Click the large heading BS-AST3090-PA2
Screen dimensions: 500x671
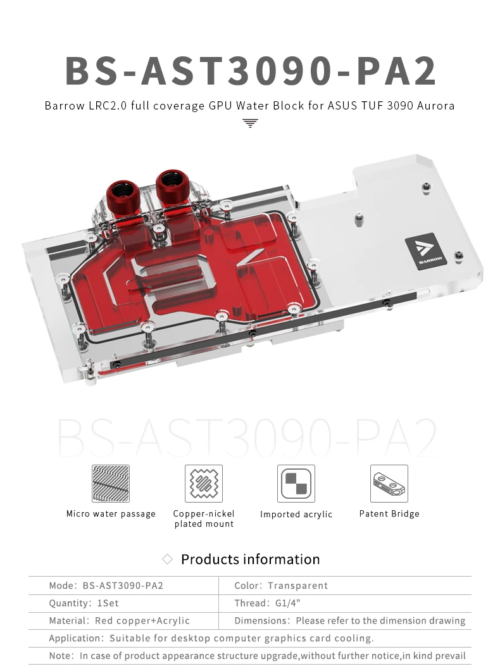pyautogui.click(x=251, y=70)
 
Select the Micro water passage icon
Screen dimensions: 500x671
pyautogui.click(x=111, y=484)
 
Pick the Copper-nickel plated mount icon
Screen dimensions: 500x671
pyautogui.click(x=204, y=484)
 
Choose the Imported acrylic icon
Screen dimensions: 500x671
pyautogui.click(x=296, y=484)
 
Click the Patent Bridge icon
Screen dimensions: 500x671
pyautogui.click(x=389, y=484)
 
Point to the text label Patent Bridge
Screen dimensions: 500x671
pyautogui.click(x=389, y=513)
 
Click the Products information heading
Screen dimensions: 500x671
pyautogui.click(x=250, y=560)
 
